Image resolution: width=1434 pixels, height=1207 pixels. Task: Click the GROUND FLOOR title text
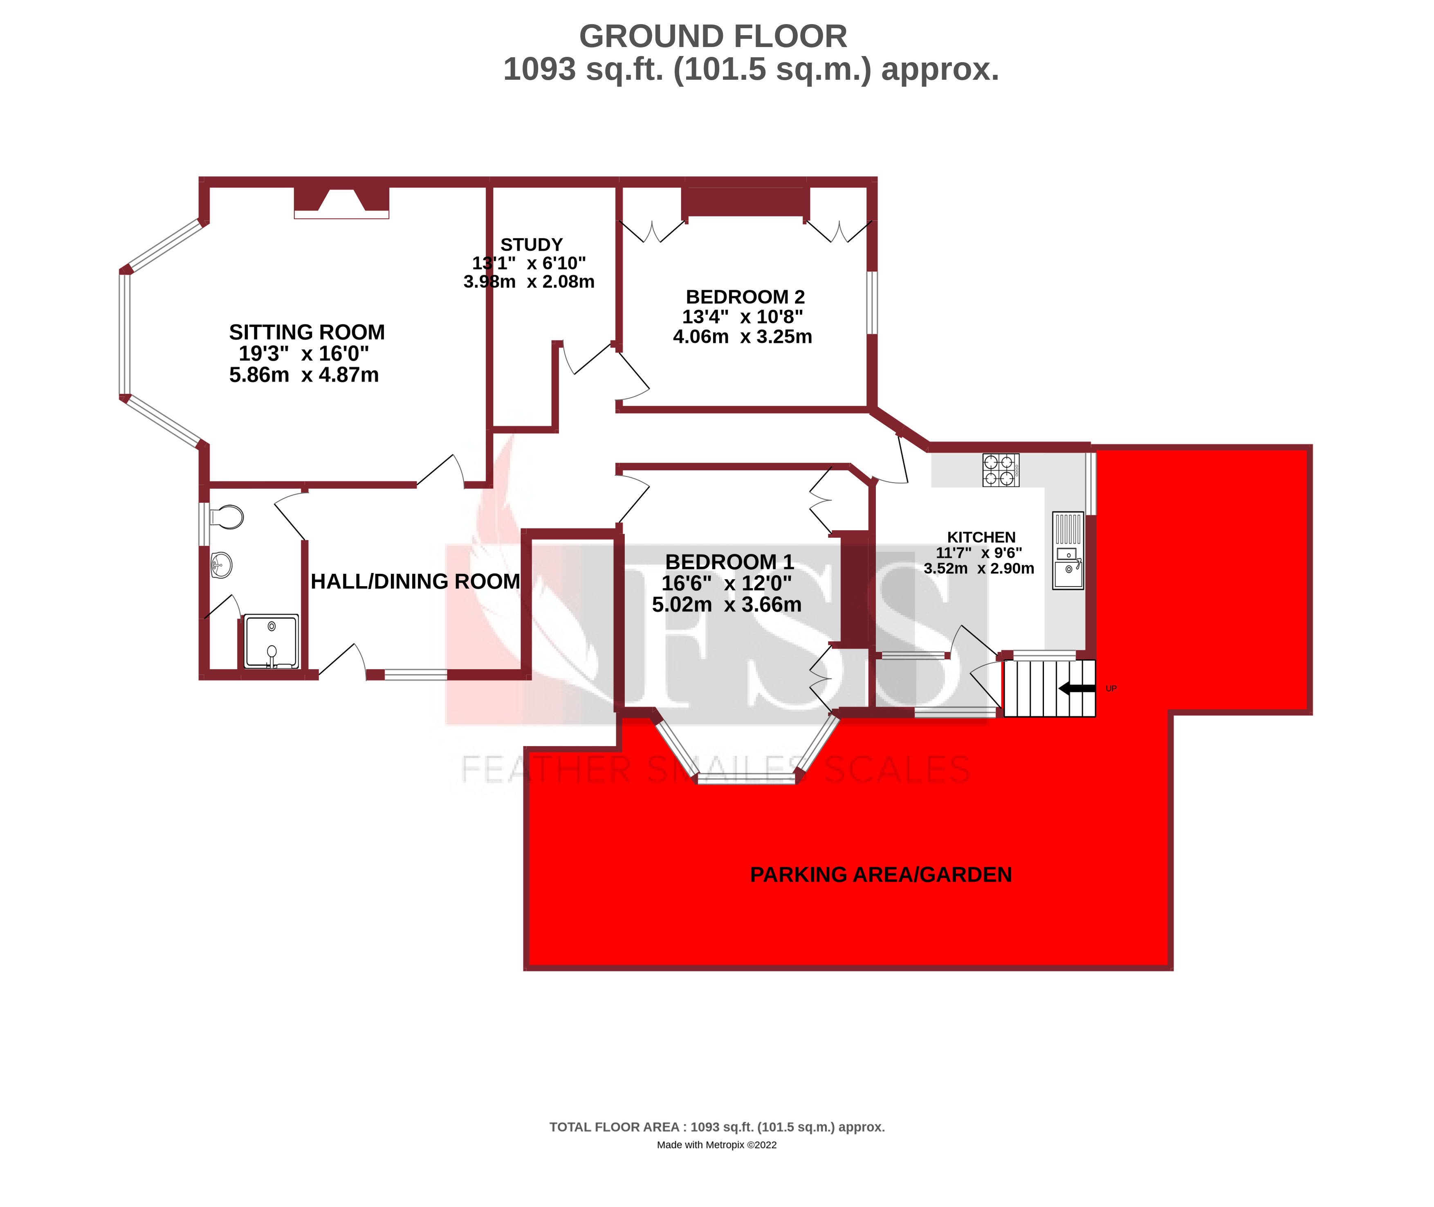712,36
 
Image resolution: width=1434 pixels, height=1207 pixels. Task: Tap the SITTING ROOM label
307,333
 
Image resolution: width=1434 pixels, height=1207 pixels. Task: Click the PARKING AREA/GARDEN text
880,874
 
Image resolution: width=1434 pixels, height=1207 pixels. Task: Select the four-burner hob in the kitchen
1000,470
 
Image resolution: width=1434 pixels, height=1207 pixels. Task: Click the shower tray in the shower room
272,641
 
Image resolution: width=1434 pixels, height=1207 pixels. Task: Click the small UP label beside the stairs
1111,688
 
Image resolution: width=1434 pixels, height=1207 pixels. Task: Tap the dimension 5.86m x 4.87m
304,375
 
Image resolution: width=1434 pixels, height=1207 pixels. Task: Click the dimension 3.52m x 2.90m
978,569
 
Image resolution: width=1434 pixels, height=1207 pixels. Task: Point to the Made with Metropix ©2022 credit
716,1145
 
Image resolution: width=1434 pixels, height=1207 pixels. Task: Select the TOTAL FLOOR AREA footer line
716,1127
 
